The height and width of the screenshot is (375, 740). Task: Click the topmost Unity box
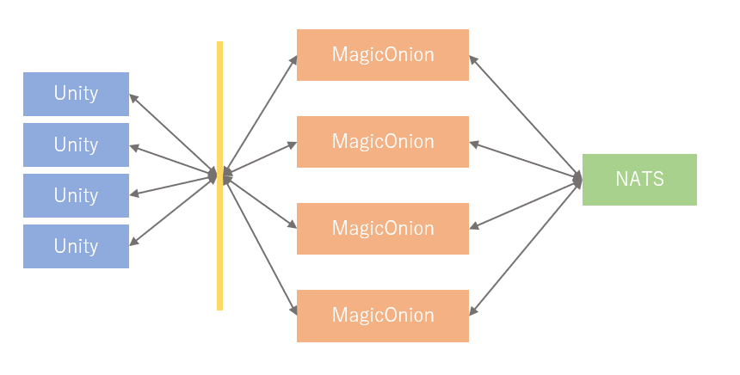click(76, 94)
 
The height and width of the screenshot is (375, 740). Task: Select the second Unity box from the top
click(76, 144)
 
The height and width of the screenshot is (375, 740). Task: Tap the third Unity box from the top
click(76, 195)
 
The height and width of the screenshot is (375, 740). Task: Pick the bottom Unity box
click(76, 246)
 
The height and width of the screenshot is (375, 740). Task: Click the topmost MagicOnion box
click(383, 55)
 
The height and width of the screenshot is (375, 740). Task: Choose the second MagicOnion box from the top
click(383, 142)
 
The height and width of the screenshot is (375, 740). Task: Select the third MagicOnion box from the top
click(383, 229)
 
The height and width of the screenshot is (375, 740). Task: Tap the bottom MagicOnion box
click(383, 316)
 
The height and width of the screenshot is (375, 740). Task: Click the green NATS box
click(639, 180)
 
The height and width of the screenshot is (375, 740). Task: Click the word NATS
click(639, 180)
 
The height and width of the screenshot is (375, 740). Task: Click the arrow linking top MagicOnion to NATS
click(526, 117)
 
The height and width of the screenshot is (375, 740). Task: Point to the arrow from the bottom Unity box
click(172, 211)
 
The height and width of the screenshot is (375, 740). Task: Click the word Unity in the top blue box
click(76, 94)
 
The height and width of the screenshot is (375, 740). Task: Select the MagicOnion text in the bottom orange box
click(383, 316)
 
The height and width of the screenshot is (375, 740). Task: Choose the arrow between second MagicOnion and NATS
click(526, 160)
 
